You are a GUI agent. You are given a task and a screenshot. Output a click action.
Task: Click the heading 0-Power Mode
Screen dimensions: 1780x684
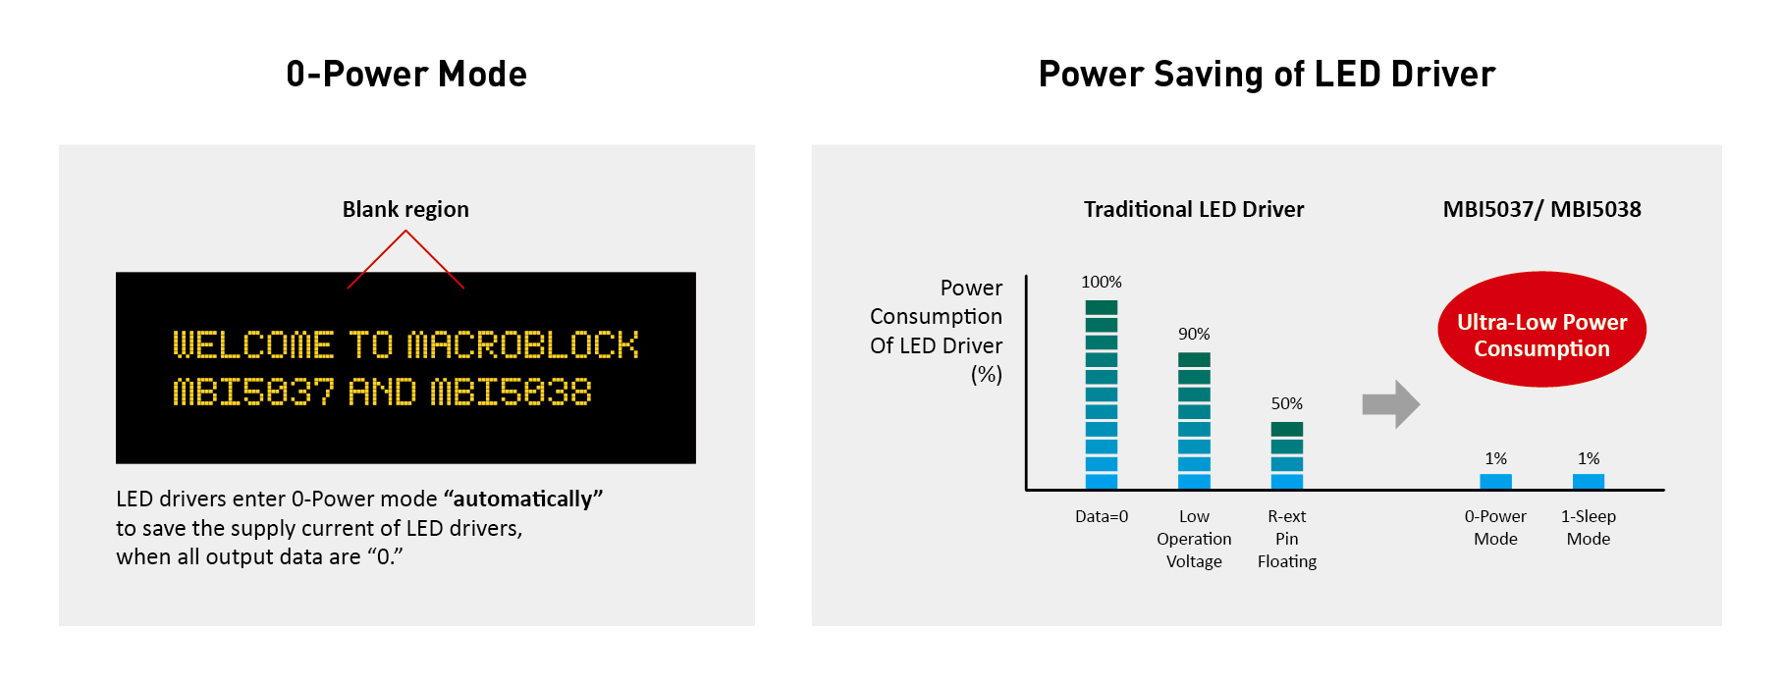click(406, 74)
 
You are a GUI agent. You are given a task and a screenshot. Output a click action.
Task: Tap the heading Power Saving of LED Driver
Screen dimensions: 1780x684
click(1267, 74)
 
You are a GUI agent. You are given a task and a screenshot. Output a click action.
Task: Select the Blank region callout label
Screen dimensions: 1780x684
click(405, 209)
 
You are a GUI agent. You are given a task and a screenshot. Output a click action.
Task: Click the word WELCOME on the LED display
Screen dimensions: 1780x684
click(253, 344)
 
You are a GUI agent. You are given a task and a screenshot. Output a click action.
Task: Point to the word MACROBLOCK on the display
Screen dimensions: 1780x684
click(523, 344)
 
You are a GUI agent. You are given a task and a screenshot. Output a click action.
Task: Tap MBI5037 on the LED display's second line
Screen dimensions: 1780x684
click(253, 393)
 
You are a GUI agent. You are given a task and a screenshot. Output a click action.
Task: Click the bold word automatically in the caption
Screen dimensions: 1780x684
click(523, 499)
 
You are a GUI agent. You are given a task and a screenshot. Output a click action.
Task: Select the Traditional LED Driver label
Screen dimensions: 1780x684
click(1194, 209)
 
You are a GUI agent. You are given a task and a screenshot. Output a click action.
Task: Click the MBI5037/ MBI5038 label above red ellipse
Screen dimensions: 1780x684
click(1541, 209)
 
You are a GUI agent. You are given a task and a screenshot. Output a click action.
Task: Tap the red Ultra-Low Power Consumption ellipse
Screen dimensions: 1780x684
click(1541, 330)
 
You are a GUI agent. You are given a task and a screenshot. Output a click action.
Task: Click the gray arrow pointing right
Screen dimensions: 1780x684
click(1391, 404)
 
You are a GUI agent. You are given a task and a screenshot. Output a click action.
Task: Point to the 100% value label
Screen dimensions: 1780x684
click(1102, 282)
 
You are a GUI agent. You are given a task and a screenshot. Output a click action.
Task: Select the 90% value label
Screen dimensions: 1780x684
click(1194, 334)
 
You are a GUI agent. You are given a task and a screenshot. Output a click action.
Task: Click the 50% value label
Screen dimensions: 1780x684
click(1287, 403)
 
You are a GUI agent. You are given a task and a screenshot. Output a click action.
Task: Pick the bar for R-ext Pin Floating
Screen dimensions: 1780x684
click(1287, 455)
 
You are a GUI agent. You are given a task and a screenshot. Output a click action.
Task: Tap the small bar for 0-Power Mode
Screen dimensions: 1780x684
click(1495, 481)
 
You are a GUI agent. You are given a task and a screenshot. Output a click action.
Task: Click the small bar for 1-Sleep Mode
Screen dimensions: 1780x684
click(1589, 481)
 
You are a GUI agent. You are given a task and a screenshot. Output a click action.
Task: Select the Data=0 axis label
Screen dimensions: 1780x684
click(1102, 516)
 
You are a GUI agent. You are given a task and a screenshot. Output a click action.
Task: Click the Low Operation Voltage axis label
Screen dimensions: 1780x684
click(1194, 539)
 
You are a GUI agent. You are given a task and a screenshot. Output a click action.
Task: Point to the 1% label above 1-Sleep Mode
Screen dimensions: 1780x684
click(1589, 458)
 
